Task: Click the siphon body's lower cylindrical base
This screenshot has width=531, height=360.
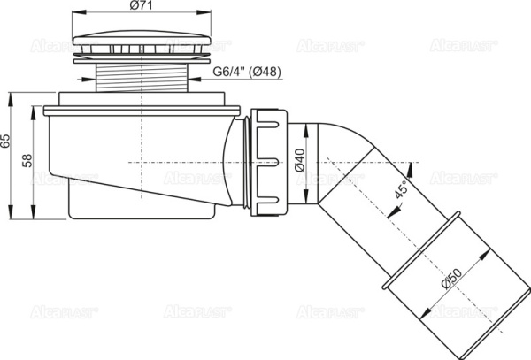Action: click(x=142, y=205)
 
